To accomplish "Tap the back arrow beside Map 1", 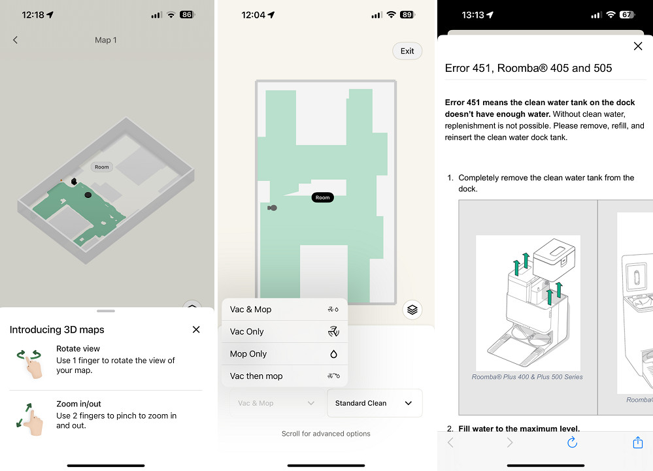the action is pyautogui.click(x=16, y=40).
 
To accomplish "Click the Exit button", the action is pyautogui.click(x=407, y=51).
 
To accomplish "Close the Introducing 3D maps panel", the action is pyautogui.click(x=196, y=329).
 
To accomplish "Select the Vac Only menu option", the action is pyautogui.click(x=284, y=332).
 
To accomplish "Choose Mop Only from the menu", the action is pyautogui.click(x=284, y=353).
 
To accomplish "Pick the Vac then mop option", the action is pyautogui.click(x=284, y=376).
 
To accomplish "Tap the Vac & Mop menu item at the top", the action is pyautogui.click(x=284, y=309).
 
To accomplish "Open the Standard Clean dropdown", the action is pyautogui.click(x=375, y=403).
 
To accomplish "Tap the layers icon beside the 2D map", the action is pyautogui.click(x=412, y=310).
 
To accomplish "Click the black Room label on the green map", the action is pyautogui.click(x=323, y=198).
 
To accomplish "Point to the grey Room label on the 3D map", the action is pyautogui.click(x=101, y=167).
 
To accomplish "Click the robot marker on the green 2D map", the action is pyautogui.click(x=273, y=208).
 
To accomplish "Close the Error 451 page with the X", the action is pyautogui.click(x=637, y=46).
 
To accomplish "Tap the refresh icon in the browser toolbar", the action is pyautogui.click(x=572, y=442).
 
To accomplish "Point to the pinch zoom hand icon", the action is pyautogui.click(x=30, y=419).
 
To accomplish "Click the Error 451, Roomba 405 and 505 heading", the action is pyautogui.click(x=528, y=68).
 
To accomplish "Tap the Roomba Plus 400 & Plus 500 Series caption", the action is pyautogui.click(x=527, y=377).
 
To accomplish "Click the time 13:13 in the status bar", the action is pyautogui.click(x=473, y=15).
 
